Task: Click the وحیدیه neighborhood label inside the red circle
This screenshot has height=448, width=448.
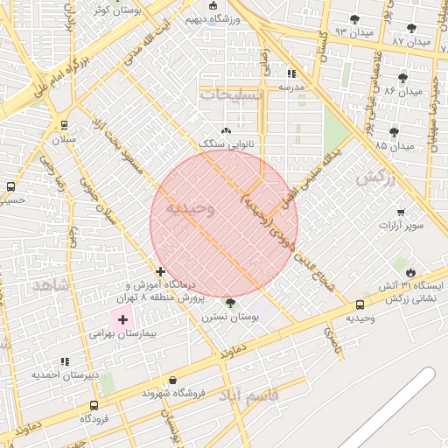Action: coord(190,208)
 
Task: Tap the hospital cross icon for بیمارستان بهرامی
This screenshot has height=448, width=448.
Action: coord(122,320)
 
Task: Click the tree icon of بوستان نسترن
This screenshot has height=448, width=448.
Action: coord(231,303)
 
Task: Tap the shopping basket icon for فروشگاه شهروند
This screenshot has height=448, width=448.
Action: coord(172,381)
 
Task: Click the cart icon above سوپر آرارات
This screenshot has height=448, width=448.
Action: coord(401,212)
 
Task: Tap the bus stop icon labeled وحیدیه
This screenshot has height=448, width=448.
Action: coord(360,304)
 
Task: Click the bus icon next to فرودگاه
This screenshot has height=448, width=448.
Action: coord(94,405)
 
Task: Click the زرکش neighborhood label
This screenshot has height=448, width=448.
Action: coord(375,178)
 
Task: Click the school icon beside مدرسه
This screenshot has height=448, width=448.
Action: coord(290,74)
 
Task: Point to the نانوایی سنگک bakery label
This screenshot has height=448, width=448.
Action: coord(227,142)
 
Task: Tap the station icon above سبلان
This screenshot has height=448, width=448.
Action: coord(64,125)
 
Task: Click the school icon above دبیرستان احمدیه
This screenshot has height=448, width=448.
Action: coord(64,361)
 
